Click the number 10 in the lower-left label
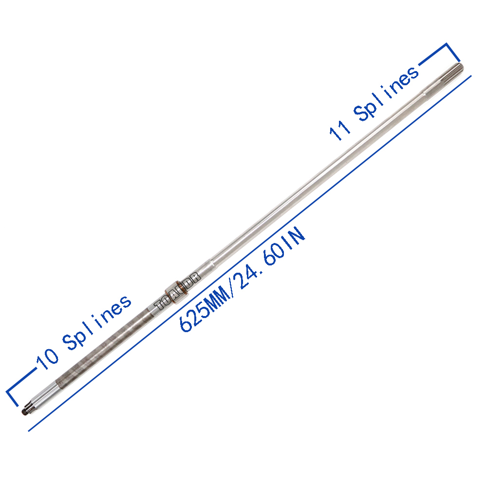point(47,359)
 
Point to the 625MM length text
point(205,310)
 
